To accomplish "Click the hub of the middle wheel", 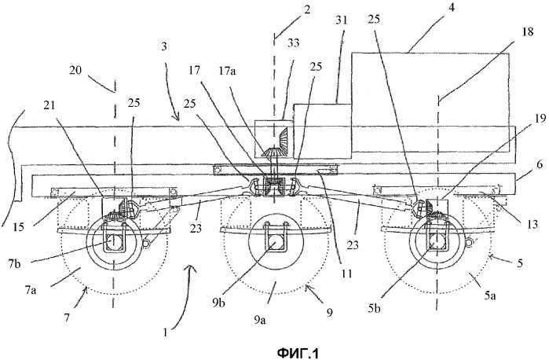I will pos(275,244).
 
